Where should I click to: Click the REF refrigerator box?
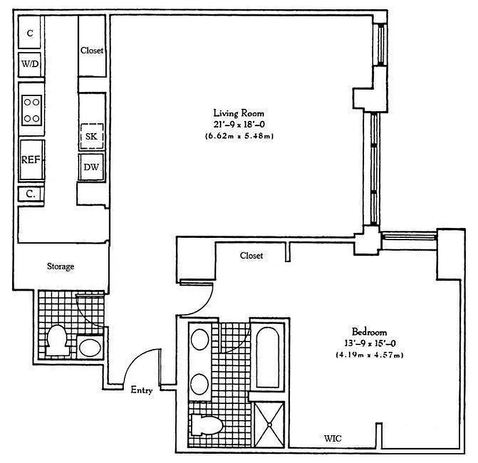coord(31,160)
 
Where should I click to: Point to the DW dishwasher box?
coord(91,167)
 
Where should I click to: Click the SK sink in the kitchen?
coord(91,137)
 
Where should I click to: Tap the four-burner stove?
coord(31,110)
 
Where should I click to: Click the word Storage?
coord(60,267)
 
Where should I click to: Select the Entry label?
coord(142,391)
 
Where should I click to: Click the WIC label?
coord(332,439)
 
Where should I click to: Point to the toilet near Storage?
coord(58,340)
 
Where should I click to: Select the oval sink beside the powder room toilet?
coord(89,347)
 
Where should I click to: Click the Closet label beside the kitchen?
coord(92,50)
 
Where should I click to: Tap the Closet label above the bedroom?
coord(251,255)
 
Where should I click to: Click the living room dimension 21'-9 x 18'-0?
coord(238,124)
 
